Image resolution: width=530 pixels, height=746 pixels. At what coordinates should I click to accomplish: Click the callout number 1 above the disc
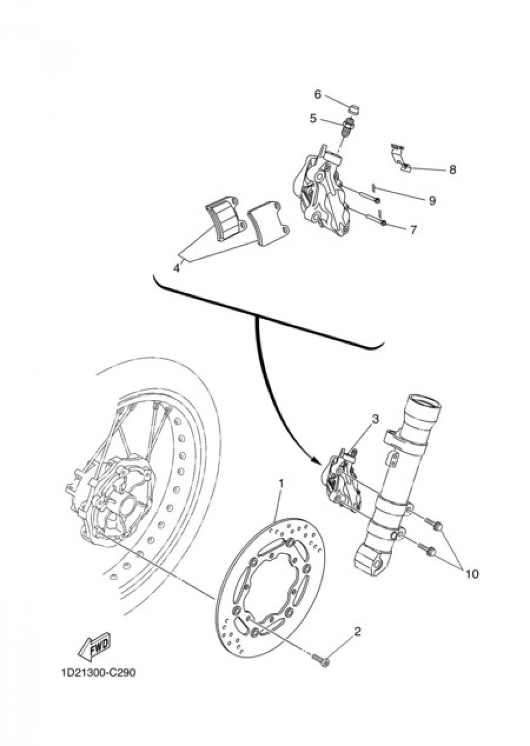pyautogui.click(x=281, y=483)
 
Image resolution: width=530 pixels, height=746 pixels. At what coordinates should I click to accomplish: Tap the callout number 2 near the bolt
pyautogui.click(x=357, y=632)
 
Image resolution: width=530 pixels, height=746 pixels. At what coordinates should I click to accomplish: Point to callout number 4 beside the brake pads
pyautogui.click(x=177, y=268)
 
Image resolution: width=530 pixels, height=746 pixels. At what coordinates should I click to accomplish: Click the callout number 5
pyautogui.click(x=313, y=119)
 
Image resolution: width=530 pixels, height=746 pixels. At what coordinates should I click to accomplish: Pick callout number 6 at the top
pyautogui.click(x=318, y=94)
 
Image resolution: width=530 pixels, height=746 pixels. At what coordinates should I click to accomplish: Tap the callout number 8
pyautogui.click(x=452, y=170)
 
